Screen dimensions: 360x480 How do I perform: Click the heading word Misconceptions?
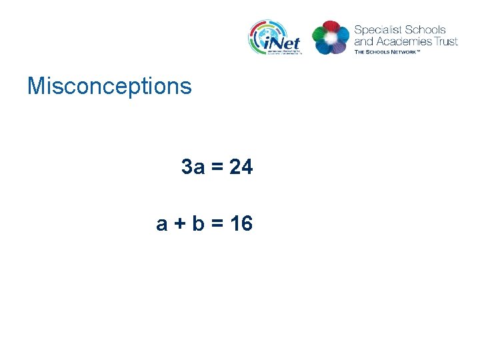click(109, 86)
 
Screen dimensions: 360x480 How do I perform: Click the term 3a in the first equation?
click(193, 167)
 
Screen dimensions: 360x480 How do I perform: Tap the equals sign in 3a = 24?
click(217, 167)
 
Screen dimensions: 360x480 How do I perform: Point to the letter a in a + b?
click(162, 224)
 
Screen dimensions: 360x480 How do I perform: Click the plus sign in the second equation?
click(179, 224)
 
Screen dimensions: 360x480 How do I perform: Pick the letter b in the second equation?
click(198, 224)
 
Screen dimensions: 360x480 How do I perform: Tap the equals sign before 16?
click(217, 224)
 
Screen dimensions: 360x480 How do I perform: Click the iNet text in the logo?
click(283, 42)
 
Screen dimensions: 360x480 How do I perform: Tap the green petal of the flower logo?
click(319, 44)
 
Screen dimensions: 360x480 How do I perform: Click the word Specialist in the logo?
click(377, 30)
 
